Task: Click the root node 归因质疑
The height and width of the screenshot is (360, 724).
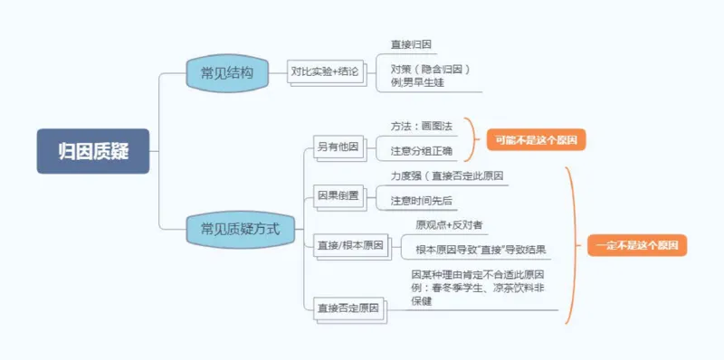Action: (92, 151)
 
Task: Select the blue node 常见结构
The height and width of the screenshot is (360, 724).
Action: (227, 71)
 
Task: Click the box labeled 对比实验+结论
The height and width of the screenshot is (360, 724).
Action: (325, 71)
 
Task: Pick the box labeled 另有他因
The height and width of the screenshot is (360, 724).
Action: (337, 147)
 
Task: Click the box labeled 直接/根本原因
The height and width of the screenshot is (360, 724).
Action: (349, 245)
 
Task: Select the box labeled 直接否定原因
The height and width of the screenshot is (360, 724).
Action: (349, 308)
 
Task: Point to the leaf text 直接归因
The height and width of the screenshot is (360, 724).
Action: (411, 43)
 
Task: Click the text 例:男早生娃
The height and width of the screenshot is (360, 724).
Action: (417, 82)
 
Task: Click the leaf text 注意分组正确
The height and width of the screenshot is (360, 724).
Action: (422, 150)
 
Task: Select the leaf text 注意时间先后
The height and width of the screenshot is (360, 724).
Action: (422, 200)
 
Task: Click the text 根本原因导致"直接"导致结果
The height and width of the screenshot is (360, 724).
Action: (481, 249)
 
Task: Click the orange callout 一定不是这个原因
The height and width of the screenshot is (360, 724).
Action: (637, 245)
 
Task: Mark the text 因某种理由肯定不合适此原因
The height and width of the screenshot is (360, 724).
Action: (483, 274)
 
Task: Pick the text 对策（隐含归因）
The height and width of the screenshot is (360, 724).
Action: (431, 69)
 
